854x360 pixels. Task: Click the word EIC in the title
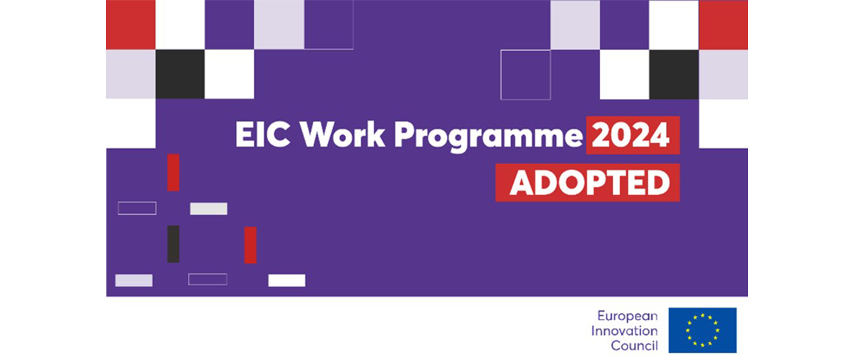(x=262, y=134)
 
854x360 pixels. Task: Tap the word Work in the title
(x=342, y=134)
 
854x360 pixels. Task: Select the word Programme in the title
(x=488, y=137)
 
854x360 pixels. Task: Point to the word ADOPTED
(x=590, y=183)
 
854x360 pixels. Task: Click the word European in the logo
(x=628, y=316)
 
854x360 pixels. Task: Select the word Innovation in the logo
(x=624, y=330)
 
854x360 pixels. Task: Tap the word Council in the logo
(x=635, y=345)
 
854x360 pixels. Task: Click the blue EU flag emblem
(x=702, y=330)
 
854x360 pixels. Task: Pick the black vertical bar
(x=173, y=244)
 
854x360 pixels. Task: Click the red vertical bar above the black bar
(x=173, y=172)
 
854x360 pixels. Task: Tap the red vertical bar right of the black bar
(x=250, y=245)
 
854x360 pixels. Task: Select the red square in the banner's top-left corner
(x=131, y=25)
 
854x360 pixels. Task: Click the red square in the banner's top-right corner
(x=723, y=25)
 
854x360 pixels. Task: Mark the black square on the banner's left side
(x=180, y=75)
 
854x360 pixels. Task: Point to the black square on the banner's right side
(x=674, y=75)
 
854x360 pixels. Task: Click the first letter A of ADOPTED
(x=522, y=183)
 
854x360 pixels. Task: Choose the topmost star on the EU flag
(x=702, y=315)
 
